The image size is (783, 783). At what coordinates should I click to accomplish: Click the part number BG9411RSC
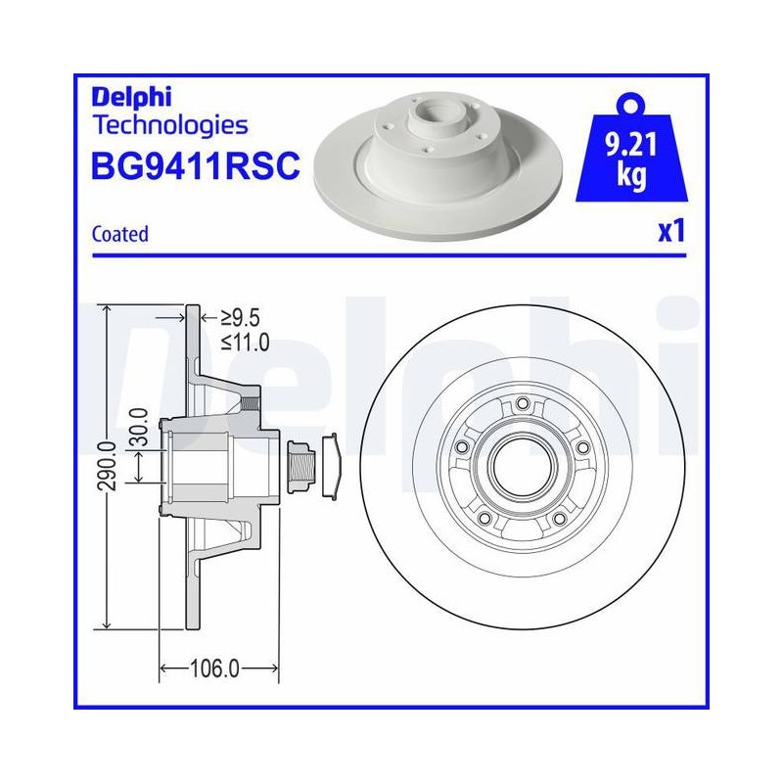coord(195,165)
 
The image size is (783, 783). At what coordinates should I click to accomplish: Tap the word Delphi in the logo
coord(131,96)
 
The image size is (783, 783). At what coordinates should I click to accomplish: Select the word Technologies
coord(170,125)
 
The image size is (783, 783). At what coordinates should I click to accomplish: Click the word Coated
coord(120,234)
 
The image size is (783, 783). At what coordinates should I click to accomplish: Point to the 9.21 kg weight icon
coord(631,149)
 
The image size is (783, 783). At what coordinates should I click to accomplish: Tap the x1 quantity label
coord(671,231)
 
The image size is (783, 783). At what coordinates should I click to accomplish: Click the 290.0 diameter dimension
coord(109,466)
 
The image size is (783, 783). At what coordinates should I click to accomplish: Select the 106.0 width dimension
coord(214,668)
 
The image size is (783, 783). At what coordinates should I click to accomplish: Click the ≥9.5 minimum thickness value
coord(240,317)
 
